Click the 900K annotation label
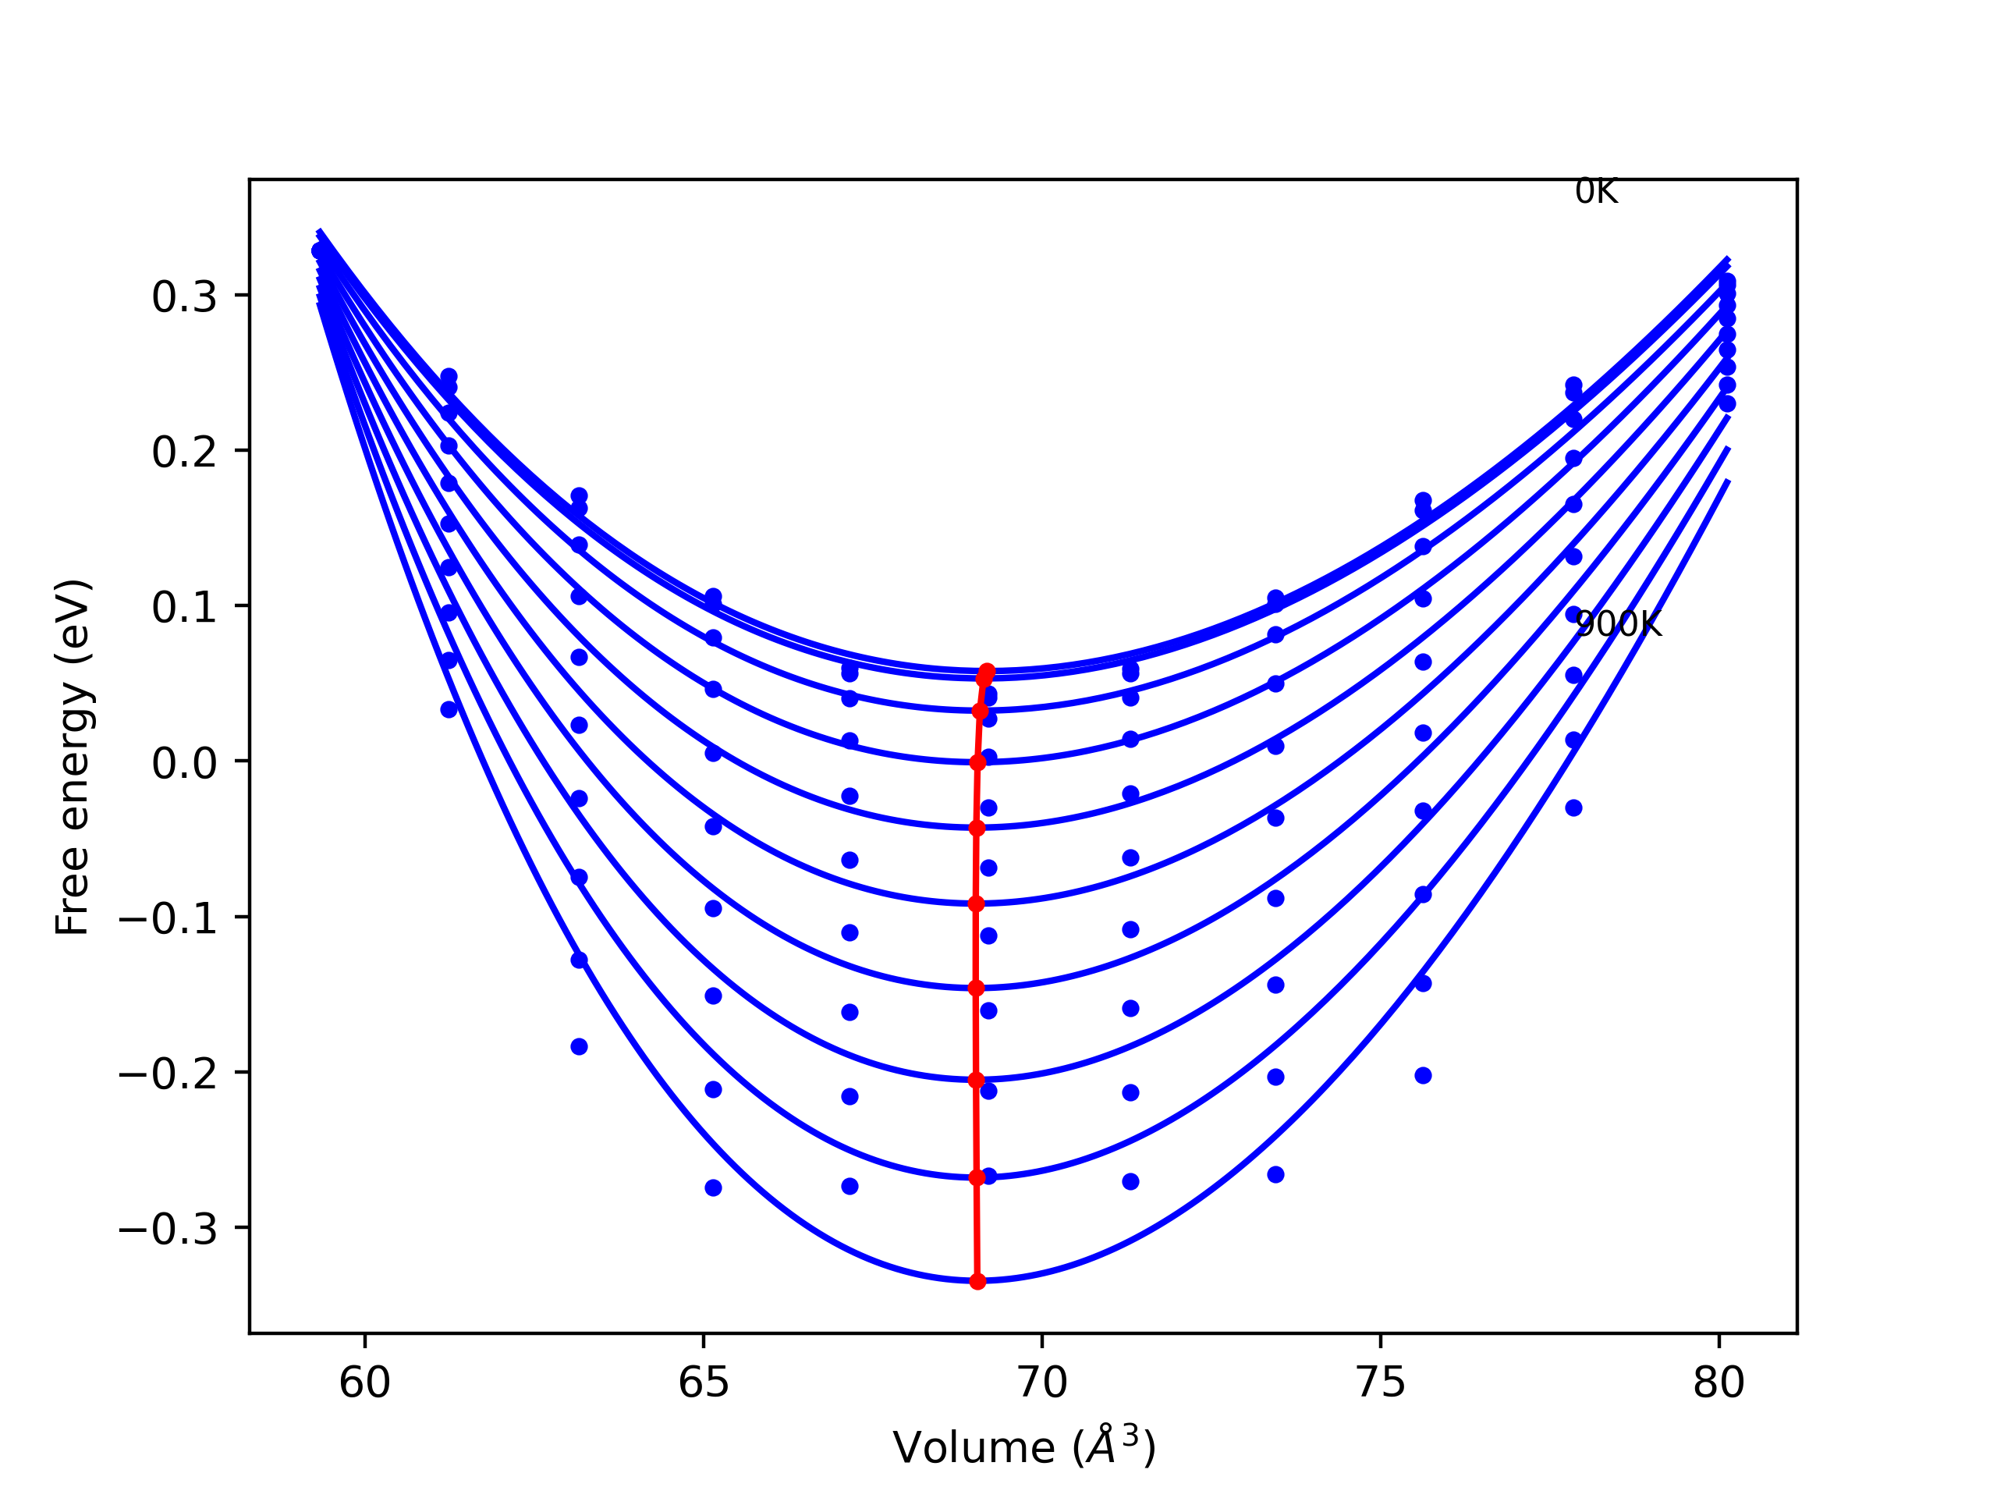click(x=1618, y=624)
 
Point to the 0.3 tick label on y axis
click(x=184, y=297)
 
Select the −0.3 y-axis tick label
click(x=168, y=1230)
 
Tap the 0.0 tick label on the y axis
click(x=184, y=764)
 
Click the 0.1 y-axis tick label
click(x=184, y=608)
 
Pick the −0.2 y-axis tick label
click(x=168, y=1074)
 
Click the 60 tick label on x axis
click(x=365, y=1383)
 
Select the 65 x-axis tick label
click(x=704, y=1383)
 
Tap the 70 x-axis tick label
click(x=1042, y=1383)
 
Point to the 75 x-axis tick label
click(x=1381, y=1383)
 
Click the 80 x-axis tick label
click(x=1719, y=1383)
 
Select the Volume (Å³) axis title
click(x=1023, y=1448)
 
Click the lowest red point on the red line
click(x=977, y=1281)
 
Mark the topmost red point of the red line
click(x=987, y=671)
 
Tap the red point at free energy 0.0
click(x=977, y=763)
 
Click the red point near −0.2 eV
click(x=976, y=1080)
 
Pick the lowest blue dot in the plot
click(x=713, y=1187)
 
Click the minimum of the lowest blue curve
click(x=977, y=1280)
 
